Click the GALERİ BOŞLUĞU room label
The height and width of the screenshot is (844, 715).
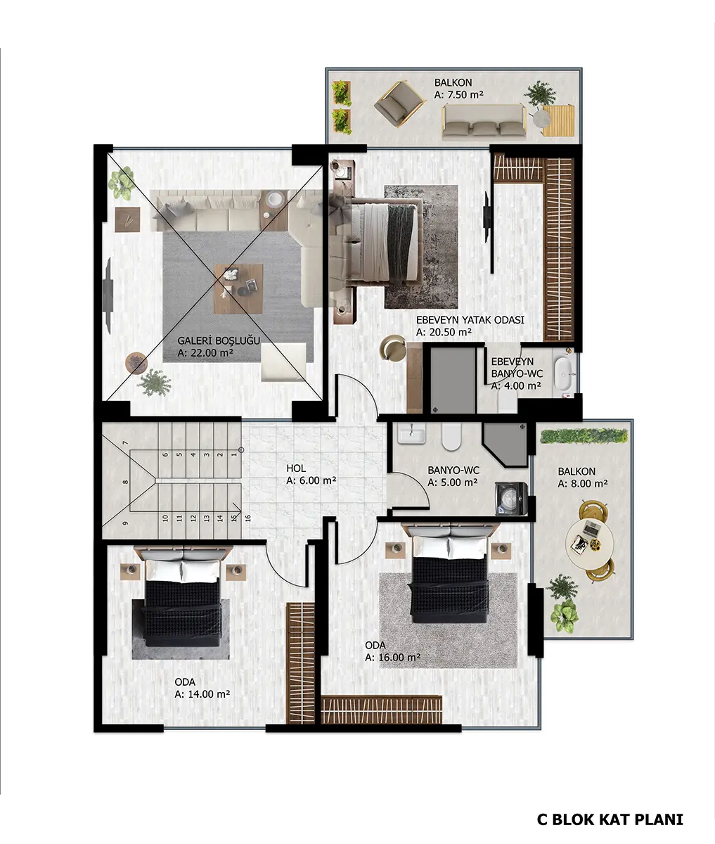(x=219, y=340)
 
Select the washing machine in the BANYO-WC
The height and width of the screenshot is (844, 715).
(x=510, y=498)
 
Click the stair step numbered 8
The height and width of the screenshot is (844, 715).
(x=125, y=482)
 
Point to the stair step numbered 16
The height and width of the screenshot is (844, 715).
(x=247, y=518)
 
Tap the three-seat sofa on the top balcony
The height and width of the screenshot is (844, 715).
(x=484, y=120)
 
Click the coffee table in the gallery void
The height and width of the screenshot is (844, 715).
(x=238, y=288)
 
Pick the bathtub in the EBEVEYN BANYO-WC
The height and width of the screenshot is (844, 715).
(x=564, y=373)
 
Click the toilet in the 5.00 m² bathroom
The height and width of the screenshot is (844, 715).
(x=451, y=436)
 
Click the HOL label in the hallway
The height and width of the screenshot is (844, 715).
(x=296, y=468)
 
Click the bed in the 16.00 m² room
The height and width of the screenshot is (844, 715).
(x=450, y=573)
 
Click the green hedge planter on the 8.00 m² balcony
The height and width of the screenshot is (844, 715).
(x=584, y=436)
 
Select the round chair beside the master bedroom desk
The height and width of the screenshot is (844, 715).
(x=392, y=348)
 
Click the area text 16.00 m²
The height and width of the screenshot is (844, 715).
(x=392, y=658)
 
